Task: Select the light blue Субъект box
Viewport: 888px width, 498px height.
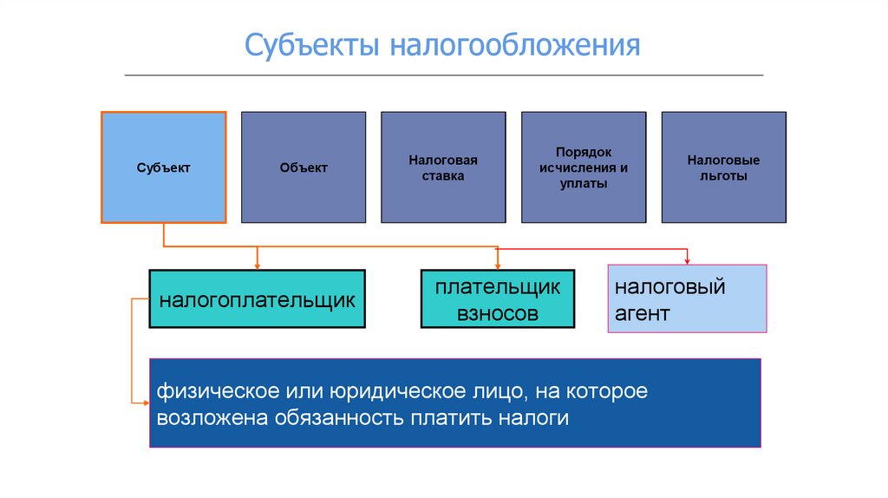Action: (164, 167)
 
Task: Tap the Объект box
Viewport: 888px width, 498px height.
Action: (304, 167)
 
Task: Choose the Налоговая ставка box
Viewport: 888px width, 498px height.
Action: (443, 167)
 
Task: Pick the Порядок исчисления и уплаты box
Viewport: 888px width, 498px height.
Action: (583, 167)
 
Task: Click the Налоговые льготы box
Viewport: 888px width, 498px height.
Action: (723, 167)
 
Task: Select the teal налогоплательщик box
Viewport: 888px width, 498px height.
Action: (257, 298)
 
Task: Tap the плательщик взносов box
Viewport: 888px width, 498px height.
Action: (497, 298)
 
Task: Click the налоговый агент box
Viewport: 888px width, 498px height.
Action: (687, 298)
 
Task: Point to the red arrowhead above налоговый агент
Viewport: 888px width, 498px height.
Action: (687, 260)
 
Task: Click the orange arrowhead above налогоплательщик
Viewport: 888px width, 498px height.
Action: (257, 265)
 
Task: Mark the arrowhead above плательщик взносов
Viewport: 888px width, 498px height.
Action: (497, 265)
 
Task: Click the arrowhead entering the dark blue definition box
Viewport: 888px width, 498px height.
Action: (144, 403)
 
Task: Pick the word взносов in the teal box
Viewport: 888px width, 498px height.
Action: (497, 313)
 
